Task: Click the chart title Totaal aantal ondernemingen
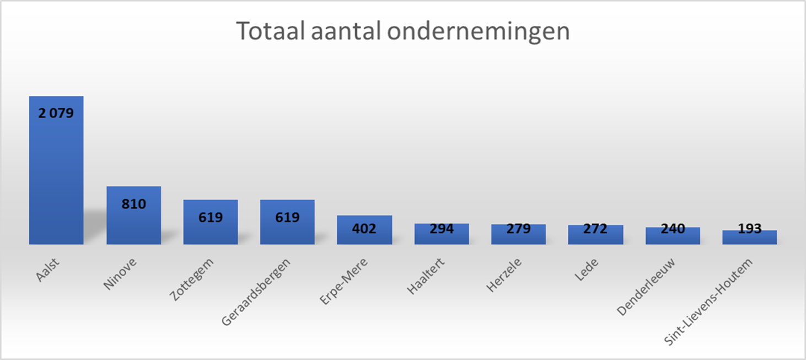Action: (403, 31)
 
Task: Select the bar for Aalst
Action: (56, 176)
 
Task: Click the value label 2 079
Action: (56, 114)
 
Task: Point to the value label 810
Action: (133, 204)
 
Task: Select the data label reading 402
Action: (364, 228)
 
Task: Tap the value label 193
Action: (750, 228)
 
